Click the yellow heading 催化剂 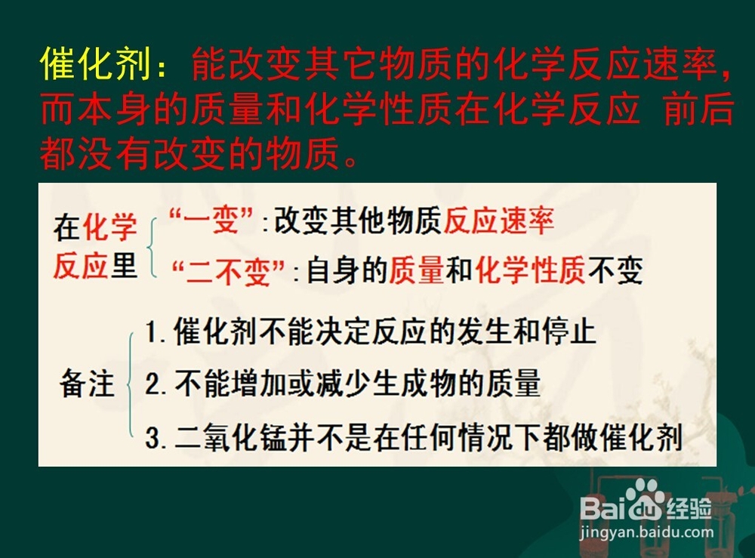(x=95, y=64)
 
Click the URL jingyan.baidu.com (x=647, y=532)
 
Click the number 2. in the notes (x=156, y=384)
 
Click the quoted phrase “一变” (x=211, y=221)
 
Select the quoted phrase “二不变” (x=228, y=271)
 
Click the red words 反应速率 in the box (x=499, y=221)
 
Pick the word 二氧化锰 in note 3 (x=230, y=438)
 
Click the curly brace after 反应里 (x=152, y=247)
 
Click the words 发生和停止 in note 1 (x=526, y=331)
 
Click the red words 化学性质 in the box (x=530, y=270)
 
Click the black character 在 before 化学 (x=66, y=227)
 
